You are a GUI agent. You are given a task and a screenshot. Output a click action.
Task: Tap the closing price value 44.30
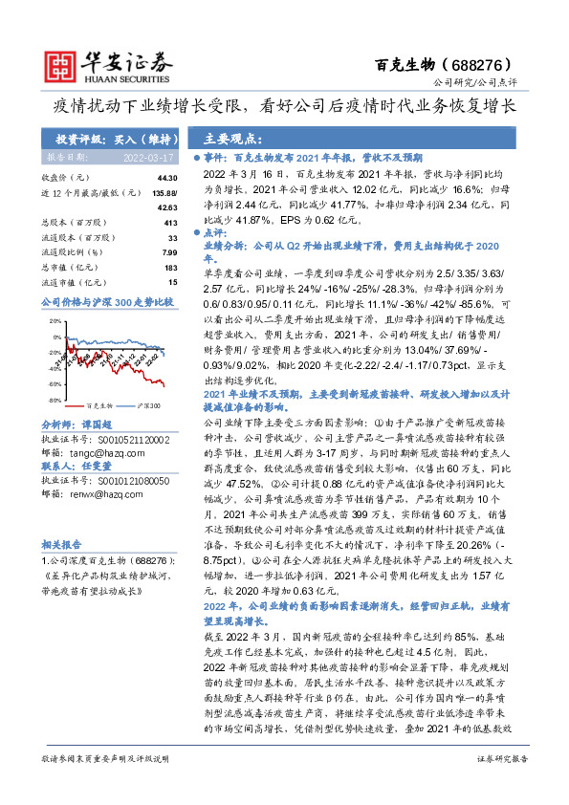[167, 179]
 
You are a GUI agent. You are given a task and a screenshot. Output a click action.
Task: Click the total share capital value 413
[171, 222]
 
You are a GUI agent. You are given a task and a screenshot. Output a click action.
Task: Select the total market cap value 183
[170, 267]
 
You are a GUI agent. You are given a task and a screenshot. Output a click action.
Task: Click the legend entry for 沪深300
[144, 405]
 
